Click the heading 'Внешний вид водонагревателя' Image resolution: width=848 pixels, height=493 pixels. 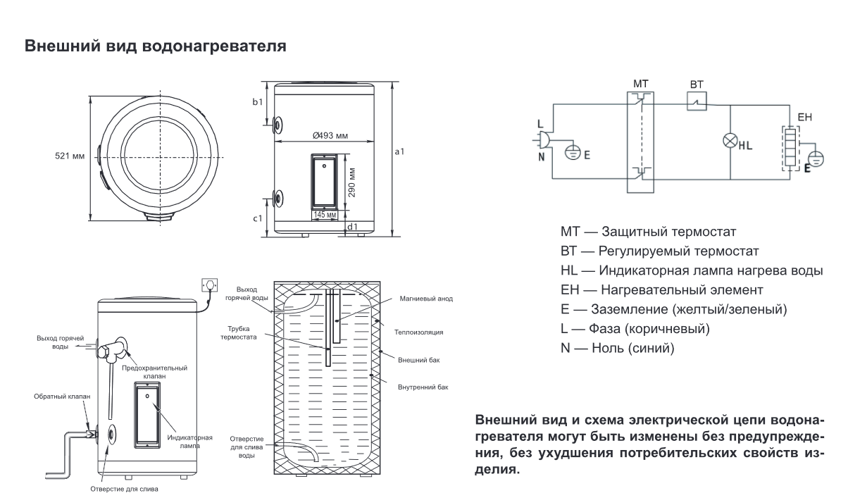(155, 47)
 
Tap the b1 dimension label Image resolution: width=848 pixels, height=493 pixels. (258, 103)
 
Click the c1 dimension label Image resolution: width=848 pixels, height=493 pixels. (258, 219)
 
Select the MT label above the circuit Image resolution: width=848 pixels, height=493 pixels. (640, 83)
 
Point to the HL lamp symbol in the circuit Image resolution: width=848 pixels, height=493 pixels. (730, 140)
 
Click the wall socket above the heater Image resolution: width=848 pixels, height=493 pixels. (209, 285)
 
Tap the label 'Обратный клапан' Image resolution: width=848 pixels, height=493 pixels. (62, 397)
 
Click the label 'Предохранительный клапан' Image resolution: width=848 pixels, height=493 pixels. (154, 372)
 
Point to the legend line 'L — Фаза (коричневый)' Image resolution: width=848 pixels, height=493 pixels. (635, 328)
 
